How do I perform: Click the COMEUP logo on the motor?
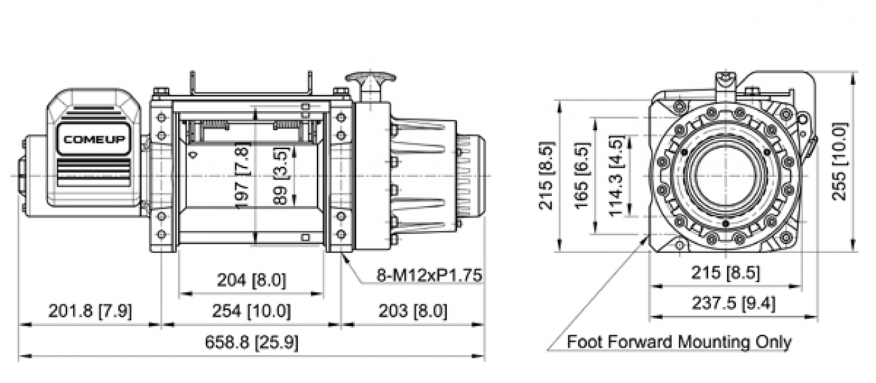click(93, 140)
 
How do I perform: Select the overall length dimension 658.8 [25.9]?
click(251, 343)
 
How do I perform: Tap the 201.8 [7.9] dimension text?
click(90, 312)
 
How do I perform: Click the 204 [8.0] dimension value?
click(251, 280)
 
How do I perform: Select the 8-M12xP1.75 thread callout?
click(429, 275)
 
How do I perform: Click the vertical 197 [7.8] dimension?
click(244, 175)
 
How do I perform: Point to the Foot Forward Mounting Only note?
click(678, 342)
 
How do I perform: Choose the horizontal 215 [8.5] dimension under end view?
click(724, 274)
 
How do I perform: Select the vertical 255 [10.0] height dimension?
click(839, 162)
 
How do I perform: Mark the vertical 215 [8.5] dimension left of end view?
click(546, 176)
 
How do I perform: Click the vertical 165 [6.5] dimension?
click(582, 176)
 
